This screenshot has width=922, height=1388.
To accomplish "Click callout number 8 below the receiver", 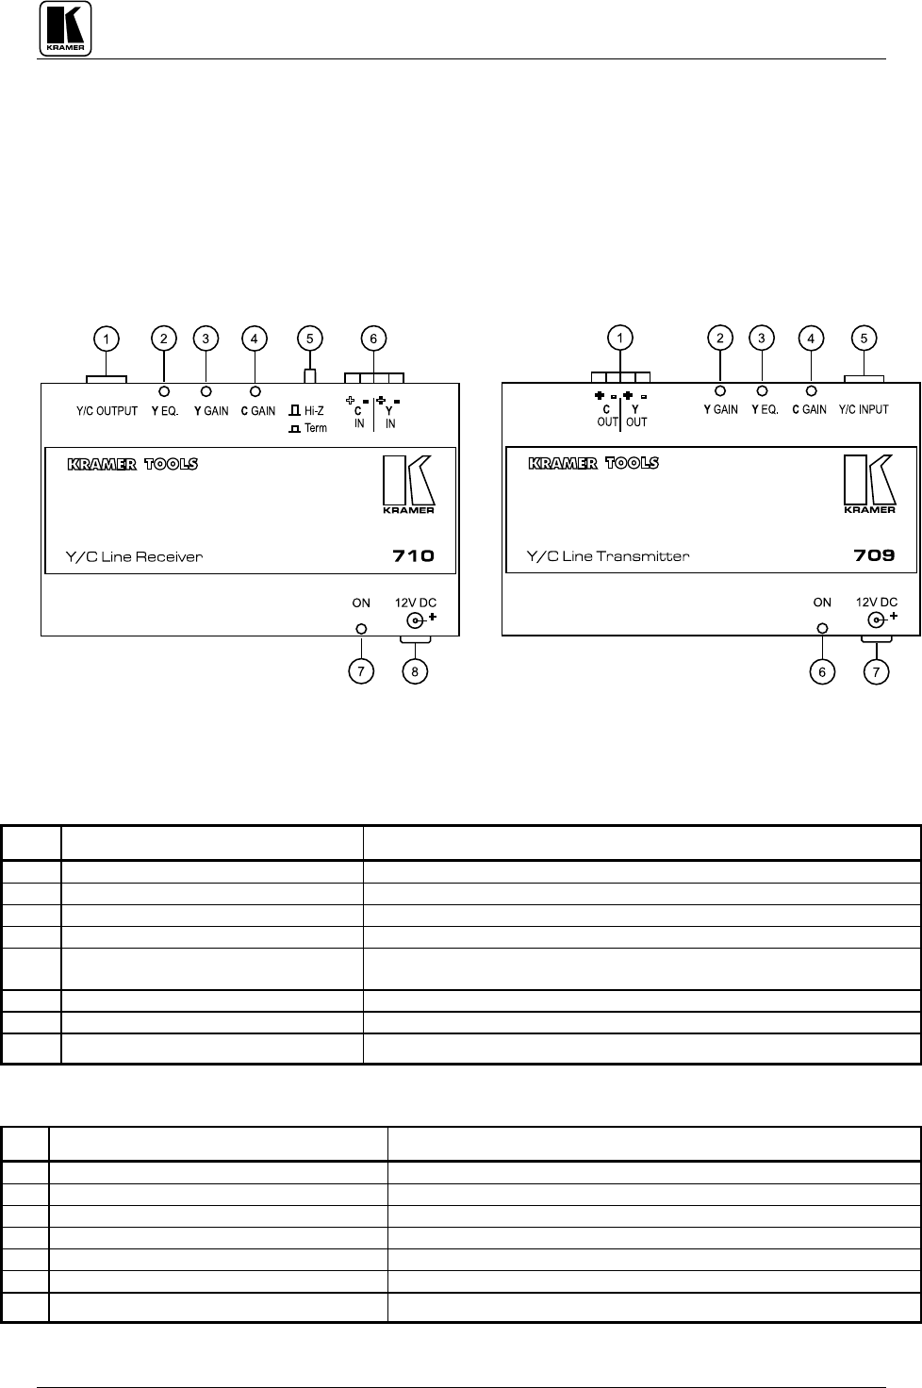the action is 414,671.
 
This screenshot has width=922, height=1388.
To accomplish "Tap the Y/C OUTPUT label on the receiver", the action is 107,412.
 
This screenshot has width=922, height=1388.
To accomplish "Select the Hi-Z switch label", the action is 314,411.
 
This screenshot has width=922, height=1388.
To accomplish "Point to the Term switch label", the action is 315,428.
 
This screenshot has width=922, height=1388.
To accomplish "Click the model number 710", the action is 413,555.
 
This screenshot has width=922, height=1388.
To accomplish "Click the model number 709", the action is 874,555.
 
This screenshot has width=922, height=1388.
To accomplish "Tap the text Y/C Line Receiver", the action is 134,556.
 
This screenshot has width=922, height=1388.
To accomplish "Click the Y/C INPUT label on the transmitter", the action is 864,410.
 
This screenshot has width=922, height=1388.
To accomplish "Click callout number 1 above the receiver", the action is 107,338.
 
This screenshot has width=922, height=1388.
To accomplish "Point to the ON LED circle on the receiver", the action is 360,629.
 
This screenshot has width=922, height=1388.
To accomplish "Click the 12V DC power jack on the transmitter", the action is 876,620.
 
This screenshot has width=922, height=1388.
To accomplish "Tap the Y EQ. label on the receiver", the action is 165,412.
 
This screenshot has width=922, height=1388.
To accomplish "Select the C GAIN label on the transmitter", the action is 809,410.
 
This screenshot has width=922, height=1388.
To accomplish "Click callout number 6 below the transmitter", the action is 823,671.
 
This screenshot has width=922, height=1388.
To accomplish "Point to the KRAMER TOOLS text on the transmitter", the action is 593,463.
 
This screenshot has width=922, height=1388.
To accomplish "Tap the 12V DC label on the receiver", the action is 415,603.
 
